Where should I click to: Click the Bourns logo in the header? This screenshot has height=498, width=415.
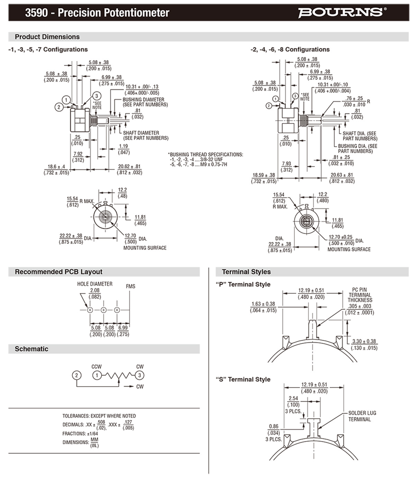(341, 12)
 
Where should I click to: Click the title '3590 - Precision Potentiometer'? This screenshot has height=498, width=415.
(97, 13)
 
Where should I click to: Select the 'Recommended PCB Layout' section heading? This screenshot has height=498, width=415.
(58, 272)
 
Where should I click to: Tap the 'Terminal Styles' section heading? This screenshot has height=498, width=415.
(246, 272)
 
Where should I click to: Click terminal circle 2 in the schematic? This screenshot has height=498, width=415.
(76, 375)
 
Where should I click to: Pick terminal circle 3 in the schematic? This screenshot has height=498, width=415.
(139, 375)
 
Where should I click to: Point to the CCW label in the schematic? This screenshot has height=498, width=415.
(96, 367)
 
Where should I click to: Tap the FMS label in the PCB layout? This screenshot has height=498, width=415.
(130, 286)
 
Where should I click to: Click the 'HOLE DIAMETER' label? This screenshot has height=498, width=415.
(95, 284)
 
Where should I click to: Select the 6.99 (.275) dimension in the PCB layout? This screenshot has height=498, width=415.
(123, 331)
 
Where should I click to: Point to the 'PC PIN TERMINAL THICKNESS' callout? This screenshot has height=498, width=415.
(360, 295)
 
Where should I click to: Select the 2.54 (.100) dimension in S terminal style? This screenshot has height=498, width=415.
(293, 402)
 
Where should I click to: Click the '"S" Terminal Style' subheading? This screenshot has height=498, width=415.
(243, 379)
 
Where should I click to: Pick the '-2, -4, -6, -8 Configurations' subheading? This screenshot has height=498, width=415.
(290, 49)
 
